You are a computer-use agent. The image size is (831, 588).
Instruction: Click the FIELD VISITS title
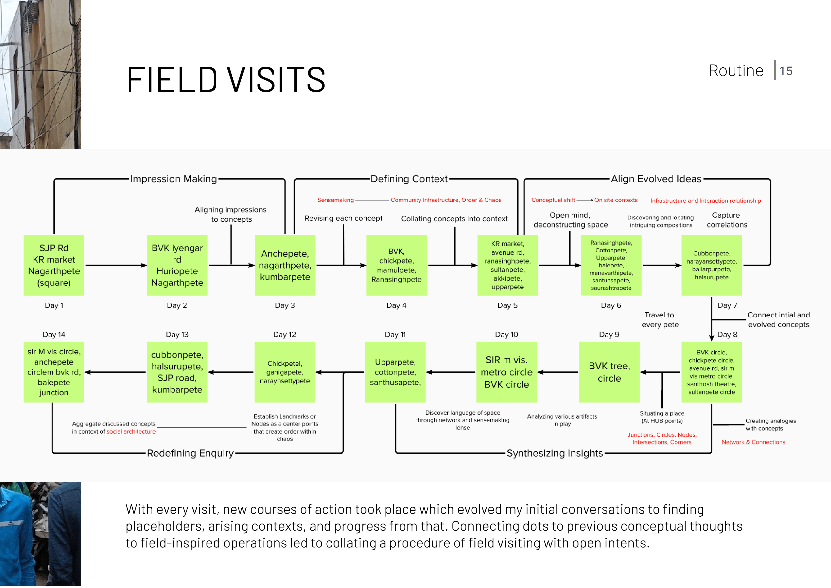[x=226, y=79]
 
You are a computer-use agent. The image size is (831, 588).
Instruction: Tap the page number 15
[x=786, y=71]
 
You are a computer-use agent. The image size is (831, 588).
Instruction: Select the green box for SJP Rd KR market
[x=54, y=265]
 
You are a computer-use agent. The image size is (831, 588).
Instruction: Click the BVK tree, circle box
[x=609, y=372]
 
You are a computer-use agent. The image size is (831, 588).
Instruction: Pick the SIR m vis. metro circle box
[x=506, y=372]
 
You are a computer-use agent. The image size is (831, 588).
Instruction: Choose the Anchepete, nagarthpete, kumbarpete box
[x=285, y=265]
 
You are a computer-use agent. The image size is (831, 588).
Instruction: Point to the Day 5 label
[x=507, y=306]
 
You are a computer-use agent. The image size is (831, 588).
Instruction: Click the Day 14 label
[x=54, y=335]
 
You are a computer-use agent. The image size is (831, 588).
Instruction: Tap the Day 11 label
[x=395, y=335]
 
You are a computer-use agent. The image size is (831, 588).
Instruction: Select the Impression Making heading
[x=173, y=179]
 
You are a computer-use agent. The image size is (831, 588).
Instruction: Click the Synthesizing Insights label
[x=555, y=453]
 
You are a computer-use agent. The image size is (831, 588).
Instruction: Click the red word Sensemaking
[x=335, y=200]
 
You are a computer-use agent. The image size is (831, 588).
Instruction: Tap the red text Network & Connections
[x=753, y=442]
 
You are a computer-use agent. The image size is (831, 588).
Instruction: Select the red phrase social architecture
[x=131, y=431]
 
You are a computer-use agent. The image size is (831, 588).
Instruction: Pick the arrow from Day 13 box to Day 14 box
[x=115, y=372]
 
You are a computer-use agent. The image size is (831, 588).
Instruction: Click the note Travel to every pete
[x=660, y=319]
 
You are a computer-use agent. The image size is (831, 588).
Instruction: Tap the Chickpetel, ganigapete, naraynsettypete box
[x=285, y=372]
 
